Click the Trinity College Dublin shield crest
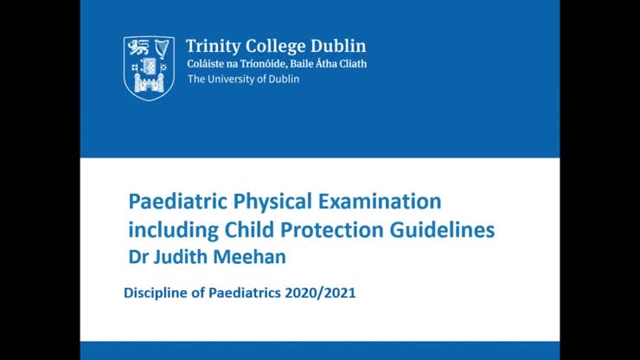point(149,67)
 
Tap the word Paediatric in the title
point(176,202)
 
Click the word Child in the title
point(248,231)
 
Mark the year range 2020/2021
point(323,292)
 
